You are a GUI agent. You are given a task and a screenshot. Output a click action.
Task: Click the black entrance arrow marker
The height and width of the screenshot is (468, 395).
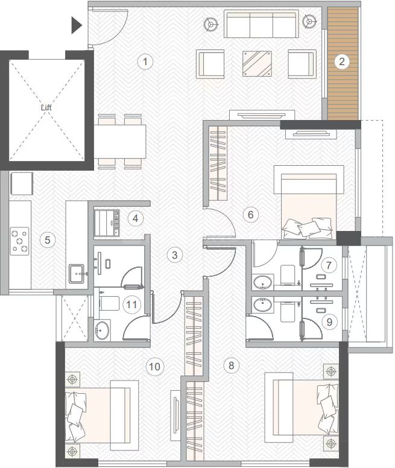[76, 25]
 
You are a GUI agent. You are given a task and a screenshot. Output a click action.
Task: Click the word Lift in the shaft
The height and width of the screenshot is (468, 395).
[46, 107]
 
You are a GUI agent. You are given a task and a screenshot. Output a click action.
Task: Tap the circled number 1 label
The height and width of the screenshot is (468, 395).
[145, 62]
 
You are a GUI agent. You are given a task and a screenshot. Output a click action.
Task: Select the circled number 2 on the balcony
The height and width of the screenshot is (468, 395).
[341, 62]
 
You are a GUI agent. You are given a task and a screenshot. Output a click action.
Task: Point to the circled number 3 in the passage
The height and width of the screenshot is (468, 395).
[174, 255]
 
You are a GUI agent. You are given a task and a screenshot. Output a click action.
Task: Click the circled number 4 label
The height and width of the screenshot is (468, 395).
[135, 218]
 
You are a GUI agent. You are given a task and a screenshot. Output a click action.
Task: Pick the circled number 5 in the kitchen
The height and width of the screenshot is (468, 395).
[48, 240]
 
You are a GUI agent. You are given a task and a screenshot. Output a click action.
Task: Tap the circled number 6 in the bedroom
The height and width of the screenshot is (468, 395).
[251, 214]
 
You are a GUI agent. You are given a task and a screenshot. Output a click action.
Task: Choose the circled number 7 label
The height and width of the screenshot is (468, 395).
[329, 265]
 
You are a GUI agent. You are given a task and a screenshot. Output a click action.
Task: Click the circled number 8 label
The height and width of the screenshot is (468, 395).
[231, 365]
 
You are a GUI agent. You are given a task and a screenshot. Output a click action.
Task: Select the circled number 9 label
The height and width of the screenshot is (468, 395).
[329, 322]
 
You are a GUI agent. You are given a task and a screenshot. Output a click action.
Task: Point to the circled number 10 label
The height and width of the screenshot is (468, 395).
[154, 367]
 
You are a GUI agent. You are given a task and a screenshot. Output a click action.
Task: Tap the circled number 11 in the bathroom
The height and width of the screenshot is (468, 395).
[131, 305]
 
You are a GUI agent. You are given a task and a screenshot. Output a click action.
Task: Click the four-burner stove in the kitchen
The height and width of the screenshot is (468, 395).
[20, 241]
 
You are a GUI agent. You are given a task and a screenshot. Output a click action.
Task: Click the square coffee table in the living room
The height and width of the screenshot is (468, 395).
[257, 63]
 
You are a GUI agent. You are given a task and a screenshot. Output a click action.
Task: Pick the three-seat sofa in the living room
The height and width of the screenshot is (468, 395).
[261, 24]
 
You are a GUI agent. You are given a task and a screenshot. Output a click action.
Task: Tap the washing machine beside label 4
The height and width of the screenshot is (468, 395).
[107, 223]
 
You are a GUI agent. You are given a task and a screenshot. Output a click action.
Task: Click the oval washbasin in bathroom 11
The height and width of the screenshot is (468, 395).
[102, 330]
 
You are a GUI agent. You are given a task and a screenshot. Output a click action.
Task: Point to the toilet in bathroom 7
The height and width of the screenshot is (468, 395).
[288, 274]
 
